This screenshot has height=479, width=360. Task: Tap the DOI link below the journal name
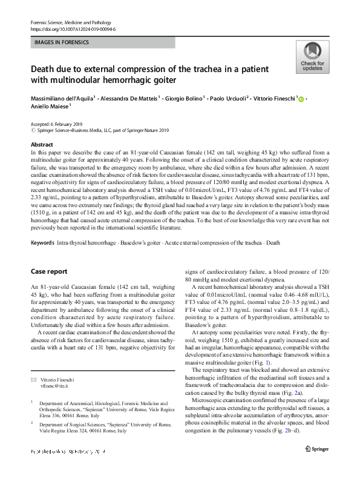(x=73, y=29)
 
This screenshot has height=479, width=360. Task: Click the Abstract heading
(x=41, y=145)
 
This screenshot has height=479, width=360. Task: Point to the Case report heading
(x=49, y=271)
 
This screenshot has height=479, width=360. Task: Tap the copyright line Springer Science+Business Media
(x=91, y=130)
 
